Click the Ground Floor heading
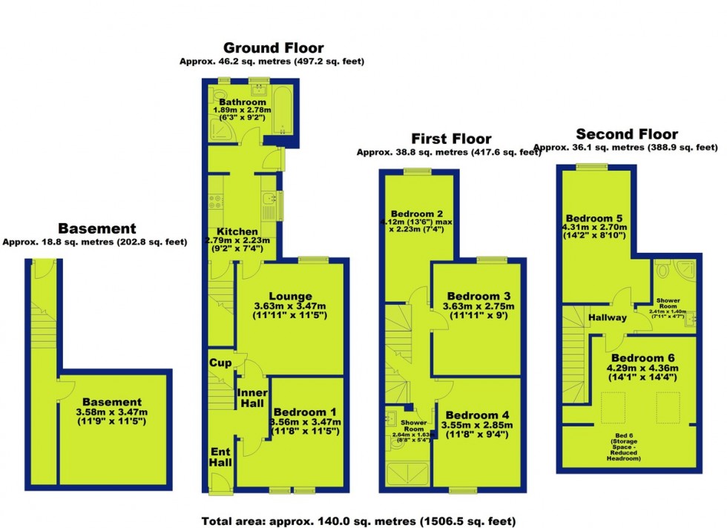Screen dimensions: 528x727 [273, 48]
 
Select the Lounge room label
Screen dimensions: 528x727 [293, 296]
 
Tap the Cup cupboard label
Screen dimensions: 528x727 [220, 363]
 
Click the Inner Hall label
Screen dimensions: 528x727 [251, 397]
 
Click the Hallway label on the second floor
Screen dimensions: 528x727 [608, 317]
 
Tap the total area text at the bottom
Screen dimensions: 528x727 [358, 521]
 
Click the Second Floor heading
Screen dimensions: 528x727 [627, 134]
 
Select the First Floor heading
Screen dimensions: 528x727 [451, 139]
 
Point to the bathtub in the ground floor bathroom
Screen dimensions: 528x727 [285, 111]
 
